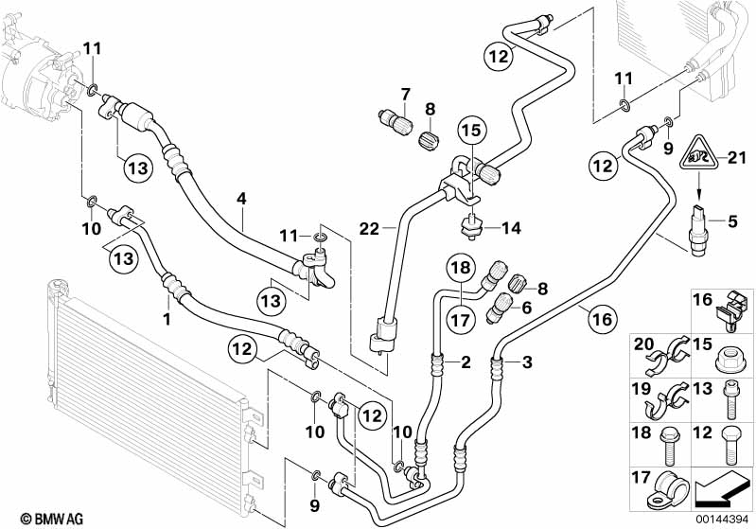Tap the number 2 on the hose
465,361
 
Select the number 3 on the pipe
528,362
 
